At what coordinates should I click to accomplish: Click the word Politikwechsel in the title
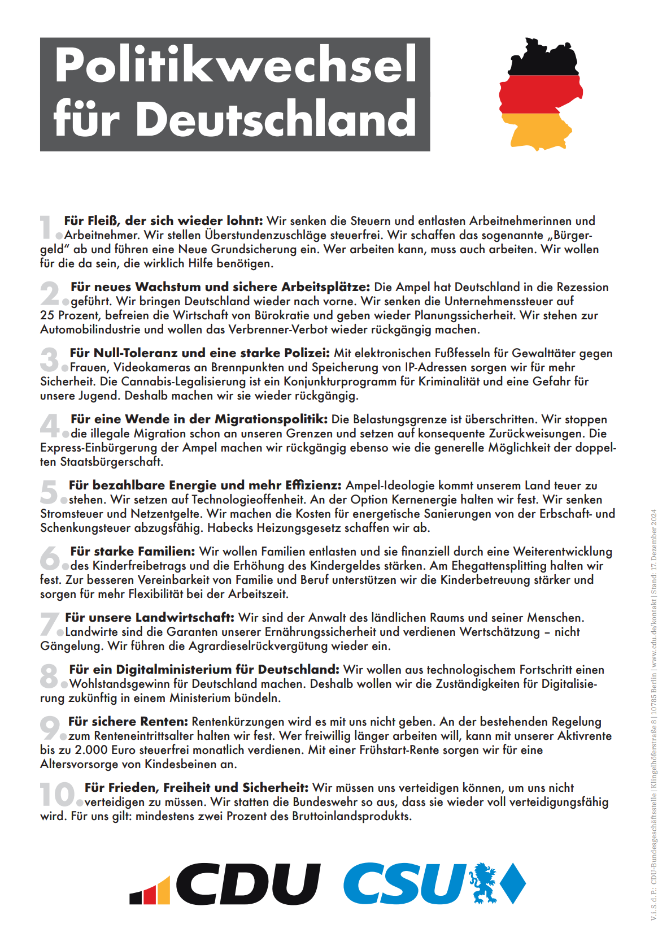(x=236, y=65)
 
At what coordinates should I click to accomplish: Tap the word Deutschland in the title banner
(x=276, y=119)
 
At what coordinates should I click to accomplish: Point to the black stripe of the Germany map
(x=542, y=59)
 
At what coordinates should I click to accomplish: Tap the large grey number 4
(x=50, y=425)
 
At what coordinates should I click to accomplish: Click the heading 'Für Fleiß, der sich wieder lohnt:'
(x=163, y=221)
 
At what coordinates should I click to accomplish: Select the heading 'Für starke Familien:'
(x=133, y=552)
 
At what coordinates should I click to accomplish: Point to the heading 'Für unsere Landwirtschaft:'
(x=150, y=618)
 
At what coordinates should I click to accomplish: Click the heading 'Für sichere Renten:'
(x=128, y=722)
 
